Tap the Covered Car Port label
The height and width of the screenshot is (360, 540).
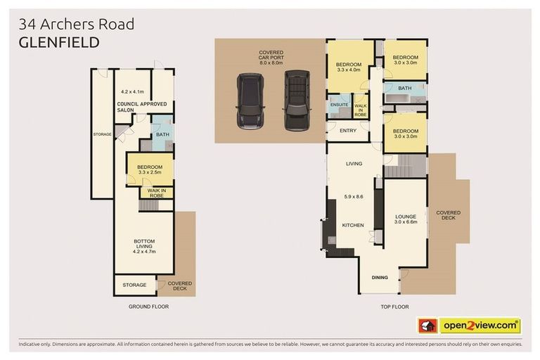coord(271,58)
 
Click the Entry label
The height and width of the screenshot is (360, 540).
coord(347,131)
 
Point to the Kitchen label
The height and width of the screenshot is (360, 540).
coord(352,225)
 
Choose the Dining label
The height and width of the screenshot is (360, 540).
coord(380,278)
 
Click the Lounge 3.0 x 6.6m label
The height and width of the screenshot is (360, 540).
coord(406,219)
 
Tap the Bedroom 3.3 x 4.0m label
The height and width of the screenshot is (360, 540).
coord(348,67)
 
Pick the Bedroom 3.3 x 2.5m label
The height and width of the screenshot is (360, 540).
coord(145,169)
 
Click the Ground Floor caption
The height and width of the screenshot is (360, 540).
coord(148,307)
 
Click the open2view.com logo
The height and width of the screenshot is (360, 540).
coord(480,326)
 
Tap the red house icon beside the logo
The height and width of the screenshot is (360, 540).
coord(427,326)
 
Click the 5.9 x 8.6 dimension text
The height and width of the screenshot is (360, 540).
coord(353,197)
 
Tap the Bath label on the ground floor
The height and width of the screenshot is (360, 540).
coord(162,134)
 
